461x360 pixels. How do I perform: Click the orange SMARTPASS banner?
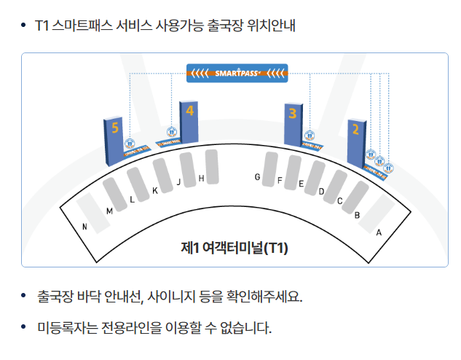[x=237, y=72]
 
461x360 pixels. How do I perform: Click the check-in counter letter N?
[x=85, y=227]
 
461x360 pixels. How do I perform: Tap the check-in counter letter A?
[x=378, y=232]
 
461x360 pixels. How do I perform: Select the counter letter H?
[x=201, y=179]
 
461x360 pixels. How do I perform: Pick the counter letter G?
[x=257, y=177]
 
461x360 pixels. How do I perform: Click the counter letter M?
[x=109, y=211]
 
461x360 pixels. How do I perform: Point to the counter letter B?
[x=357, y=215]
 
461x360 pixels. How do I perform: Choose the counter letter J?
[x=178, y=183]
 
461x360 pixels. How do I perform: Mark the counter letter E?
[x=301, y=184]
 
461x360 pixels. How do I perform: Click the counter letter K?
[x=154, y=191]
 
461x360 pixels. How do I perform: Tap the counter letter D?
[x=321, y=192]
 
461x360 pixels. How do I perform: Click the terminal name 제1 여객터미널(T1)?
[x=235, y=248]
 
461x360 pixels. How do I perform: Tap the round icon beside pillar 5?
[x=130, y=144]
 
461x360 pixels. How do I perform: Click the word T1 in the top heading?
[x=42, y=26]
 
